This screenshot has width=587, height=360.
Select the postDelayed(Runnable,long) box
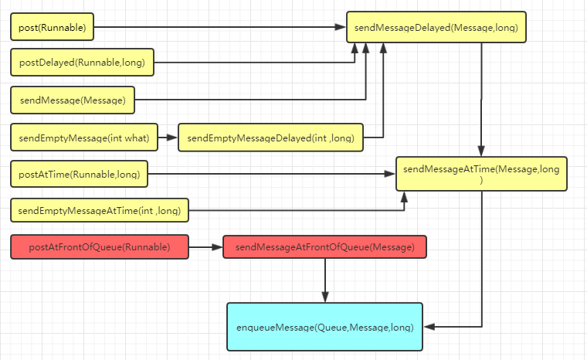click(x=83, y=63)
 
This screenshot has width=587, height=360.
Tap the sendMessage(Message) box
click(x=73, y=100)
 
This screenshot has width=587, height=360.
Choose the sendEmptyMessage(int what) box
click(x=84, y=138)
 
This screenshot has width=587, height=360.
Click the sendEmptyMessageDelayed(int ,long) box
click(x=270, y=138)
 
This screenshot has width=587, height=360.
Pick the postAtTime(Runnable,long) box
click(x=79, y=175)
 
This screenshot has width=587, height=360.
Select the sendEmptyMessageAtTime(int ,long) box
click(x=100, y=209)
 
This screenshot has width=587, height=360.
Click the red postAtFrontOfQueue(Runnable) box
click(x=100, y=247)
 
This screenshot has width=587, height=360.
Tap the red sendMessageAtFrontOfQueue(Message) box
click(x=324, y=247)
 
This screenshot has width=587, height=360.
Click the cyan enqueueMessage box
click(x=324, y=328)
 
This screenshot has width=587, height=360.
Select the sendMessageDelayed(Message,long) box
click(x=436, y=28)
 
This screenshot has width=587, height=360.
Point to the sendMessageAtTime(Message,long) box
click(x=482, y=174)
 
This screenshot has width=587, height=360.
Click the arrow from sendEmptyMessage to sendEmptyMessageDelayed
click(x=168, y=138)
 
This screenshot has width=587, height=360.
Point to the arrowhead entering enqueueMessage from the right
click(x=429, y=328)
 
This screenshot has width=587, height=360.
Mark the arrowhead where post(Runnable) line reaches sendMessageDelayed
click(x=340, y=28)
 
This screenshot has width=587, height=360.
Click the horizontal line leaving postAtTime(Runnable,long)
click(x=270, y=175)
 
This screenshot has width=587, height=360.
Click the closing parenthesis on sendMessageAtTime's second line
click(x=481, y=180)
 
